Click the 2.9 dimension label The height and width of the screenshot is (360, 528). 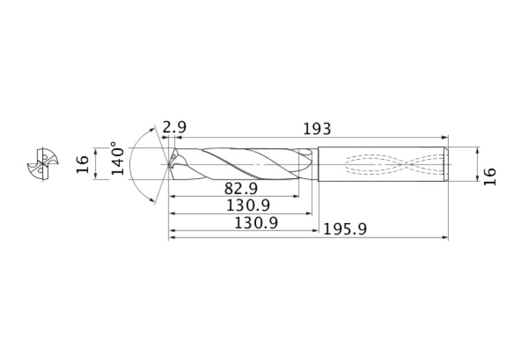174,127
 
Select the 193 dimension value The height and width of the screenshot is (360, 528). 317,129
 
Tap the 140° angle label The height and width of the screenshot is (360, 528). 118,159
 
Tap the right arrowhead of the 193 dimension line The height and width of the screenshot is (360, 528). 445,137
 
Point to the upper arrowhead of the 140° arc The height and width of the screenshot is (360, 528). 154,129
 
